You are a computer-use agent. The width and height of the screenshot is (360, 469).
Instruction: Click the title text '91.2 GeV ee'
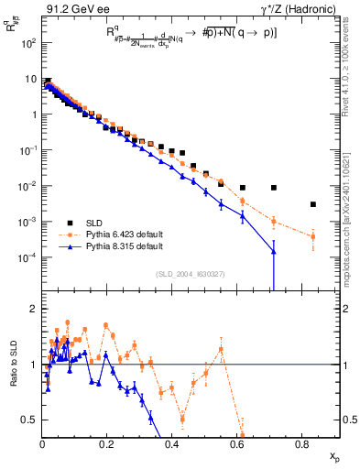pos(75,8)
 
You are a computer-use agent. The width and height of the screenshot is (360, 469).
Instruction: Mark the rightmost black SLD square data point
pos(313,204)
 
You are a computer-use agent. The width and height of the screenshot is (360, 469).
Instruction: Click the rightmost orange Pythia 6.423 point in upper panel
pos(313,237)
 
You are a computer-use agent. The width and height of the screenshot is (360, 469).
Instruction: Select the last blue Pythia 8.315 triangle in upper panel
pos(275,251)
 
